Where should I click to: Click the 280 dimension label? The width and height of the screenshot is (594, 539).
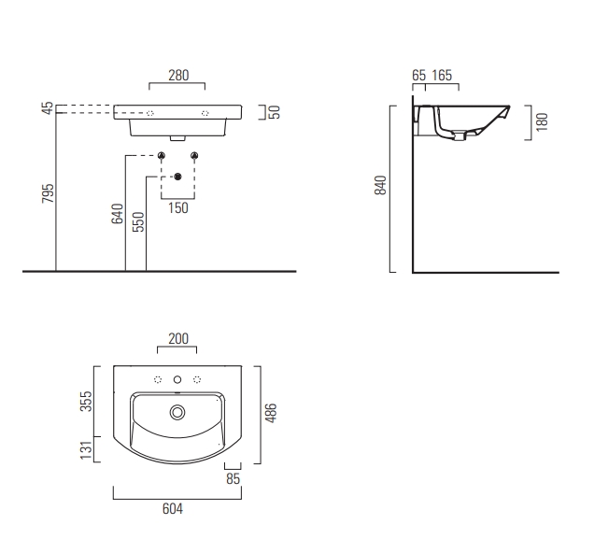(178, 76)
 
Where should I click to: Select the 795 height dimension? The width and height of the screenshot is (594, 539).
(49, 193)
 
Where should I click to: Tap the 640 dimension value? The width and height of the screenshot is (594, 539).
(118, 214)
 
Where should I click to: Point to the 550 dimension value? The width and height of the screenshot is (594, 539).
(138, 221)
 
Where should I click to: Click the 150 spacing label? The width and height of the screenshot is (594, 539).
(178, 208)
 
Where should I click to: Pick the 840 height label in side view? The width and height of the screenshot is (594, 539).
(380, 185)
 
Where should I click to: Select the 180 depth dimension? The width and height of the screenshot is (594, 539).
(542, 122)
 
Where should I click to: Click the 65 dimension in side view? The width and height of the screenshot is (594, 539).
(419, 76)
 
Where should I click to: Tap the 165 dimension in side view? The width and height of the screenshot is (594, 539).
(442, 76)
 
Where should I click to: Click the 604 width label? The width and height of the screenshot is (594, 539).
(173, 509)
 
